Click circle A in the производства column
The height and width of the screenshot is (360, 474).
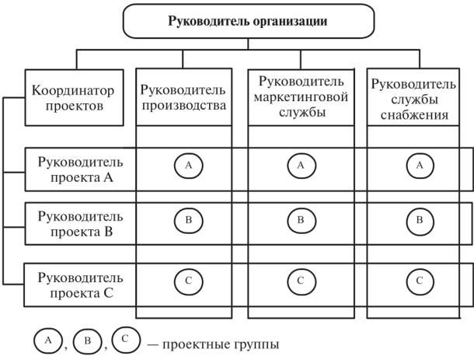click(187, 165)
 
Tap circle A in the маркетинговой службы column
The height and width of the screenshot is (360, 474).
click(301, 165)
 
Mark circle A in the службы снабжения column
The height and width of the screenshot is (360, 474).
click(420, 165)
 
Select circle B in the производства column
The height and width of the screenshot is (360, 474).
click(187, 220)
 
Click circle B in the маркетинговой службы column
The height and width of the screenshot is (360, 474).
click(301, 220)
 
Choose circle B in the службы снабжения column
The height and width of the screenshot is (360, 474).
click(420, 220)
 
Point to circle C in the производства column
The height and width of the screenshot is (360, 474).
click(187, 280)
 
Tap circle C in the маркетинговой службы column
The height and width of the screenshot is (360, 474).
click(301, 280)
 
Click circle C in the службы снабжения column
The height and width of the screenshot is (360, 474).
click(420, 280)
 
